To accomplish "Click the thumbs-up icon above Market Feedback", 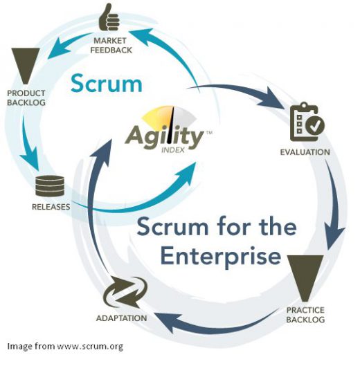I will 108,18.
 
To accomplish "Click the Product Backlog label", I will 26,98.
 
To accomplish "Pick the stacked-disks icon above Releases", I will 51,185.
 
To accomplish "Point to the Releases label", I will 51,207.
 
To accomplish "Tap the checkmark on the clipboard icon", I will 316,126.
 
